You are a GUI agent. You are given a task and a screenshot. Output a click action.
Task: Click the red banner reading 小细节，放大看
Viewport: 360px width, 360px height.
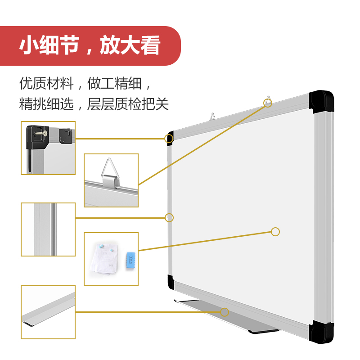pos(90,46)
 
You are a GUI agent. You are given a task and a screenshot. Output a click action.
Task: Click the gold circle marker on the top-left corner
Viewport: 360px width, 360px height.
pos(169,138)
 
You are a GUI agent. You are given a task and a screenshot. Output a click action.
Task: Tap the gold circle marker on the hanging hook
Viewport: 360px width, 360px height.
pos(268,103)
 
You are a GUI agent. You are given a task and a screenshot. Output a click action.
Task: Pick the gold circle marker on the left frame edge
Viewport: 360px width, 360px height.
pos(169,218)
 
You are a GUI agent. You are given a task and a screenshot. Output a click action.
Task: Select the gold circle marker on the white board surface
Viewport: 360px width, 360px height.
pos(275,232)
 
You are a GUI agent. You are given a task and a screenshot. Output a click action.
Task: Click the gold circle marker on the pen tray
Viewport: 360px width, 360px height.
pos(225,312)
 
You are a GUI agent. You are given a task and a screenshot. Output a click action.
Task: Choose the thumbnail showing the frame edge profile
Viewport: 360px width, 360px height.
pos(48,229)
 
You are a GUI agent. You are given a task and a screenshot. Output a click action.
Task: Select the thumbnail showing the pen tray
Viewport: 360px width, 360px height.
pos(48,312)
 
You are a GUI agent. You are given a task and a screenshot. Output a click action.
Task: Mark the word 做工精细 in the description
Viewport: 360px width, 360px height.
pos(114,83)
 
